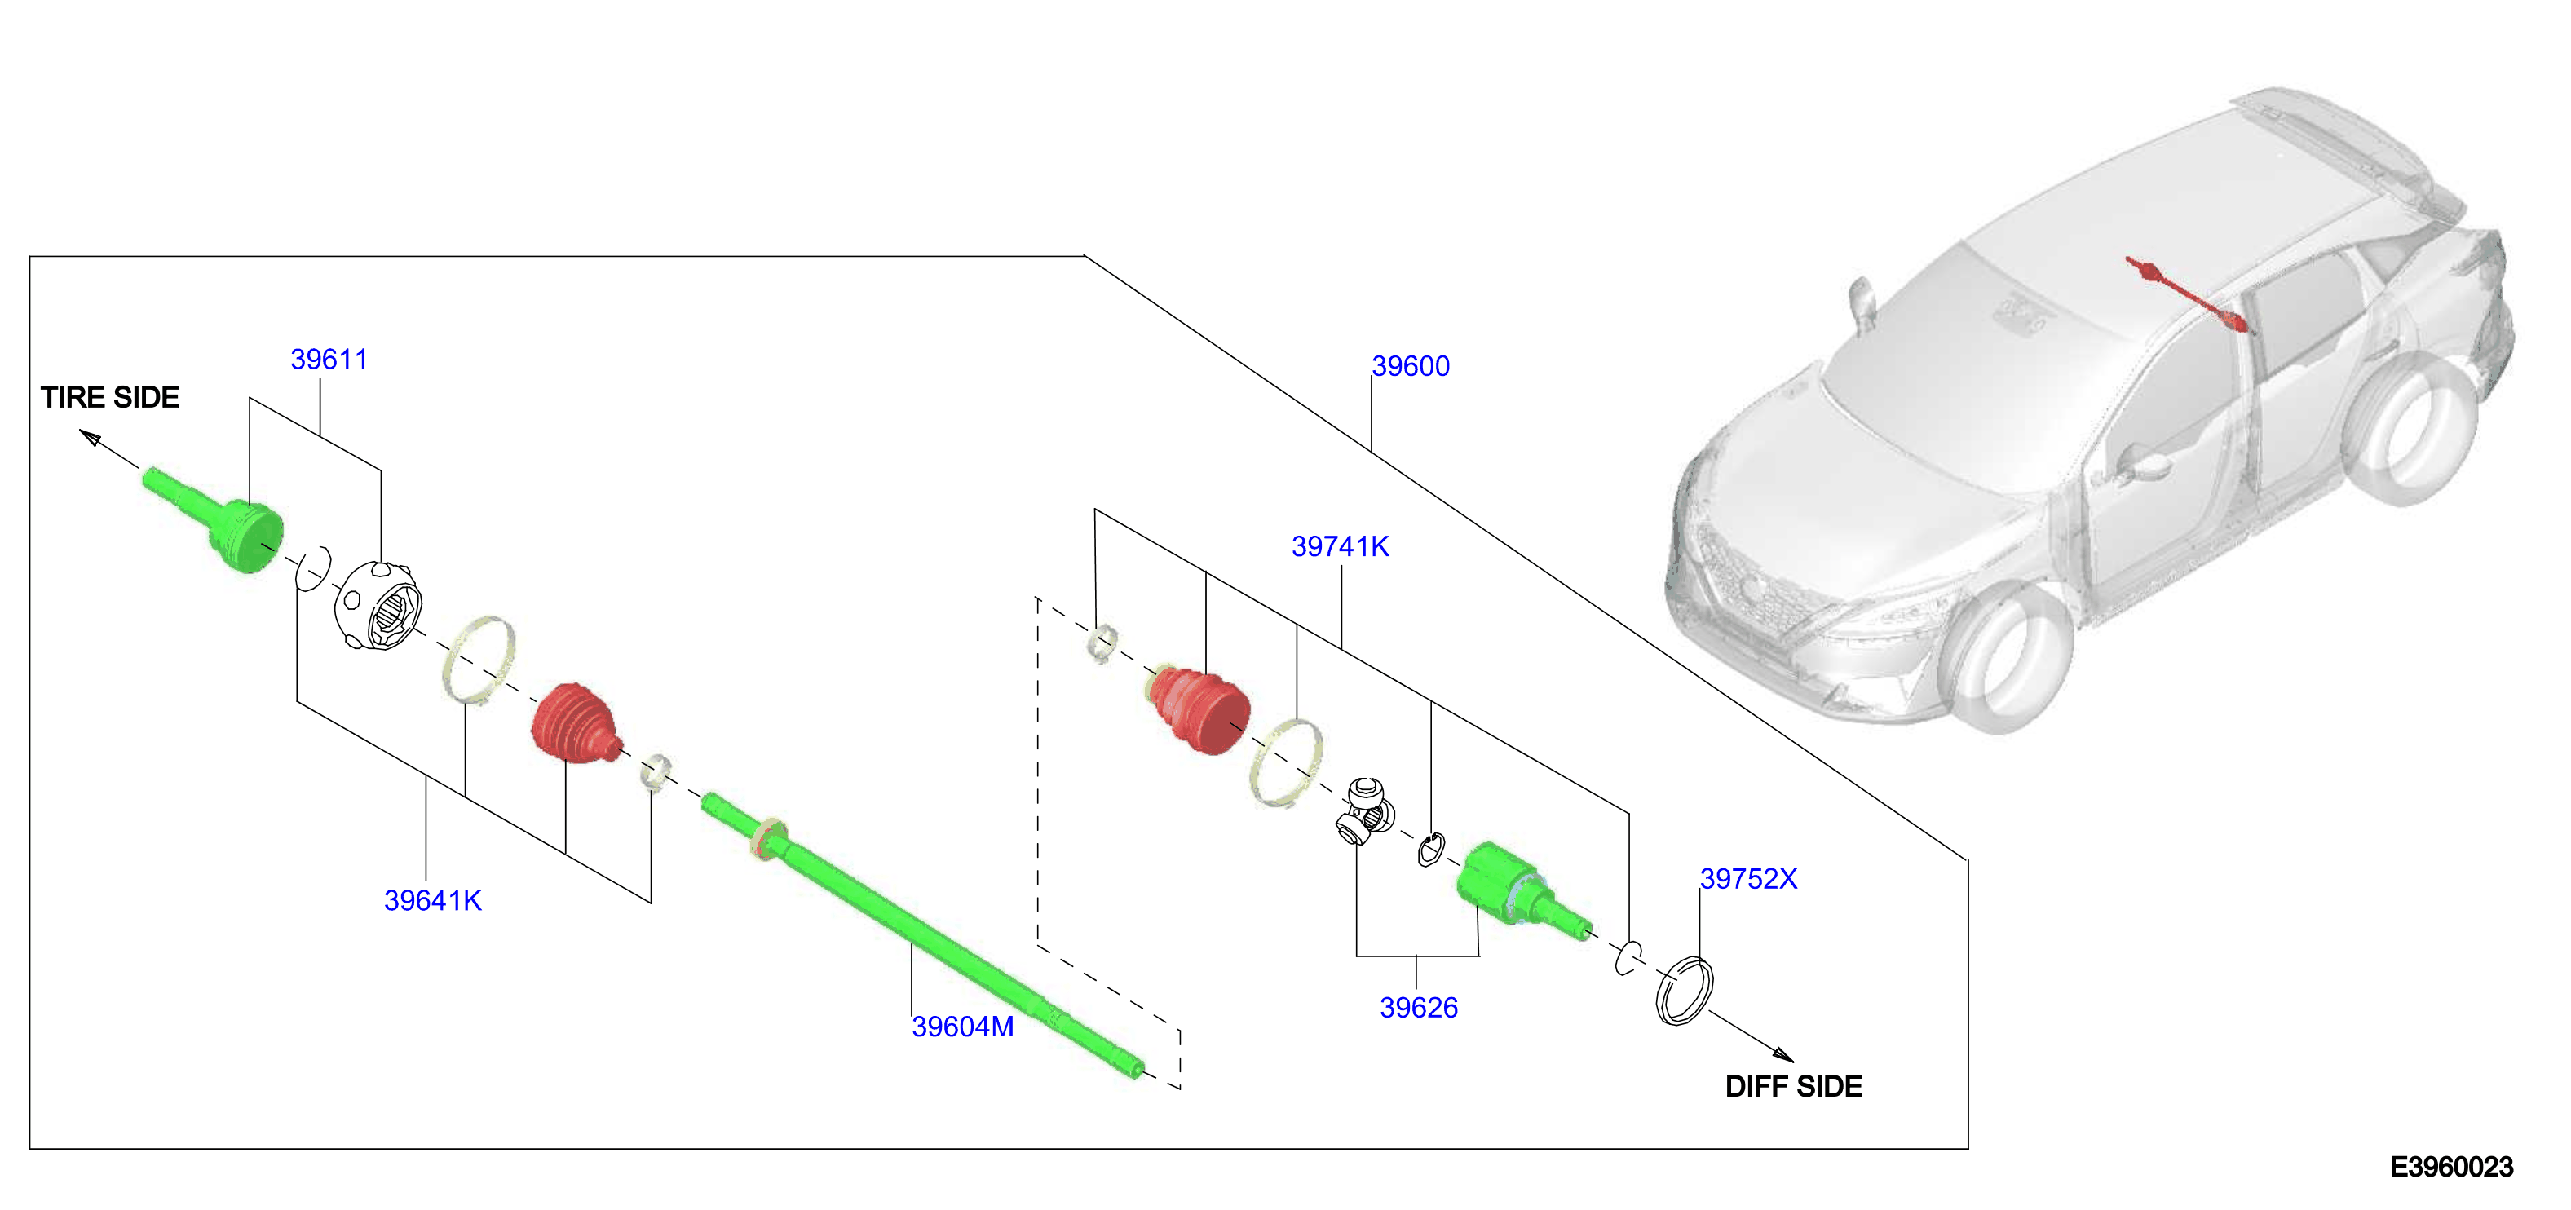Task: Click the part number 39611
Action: [329, 360]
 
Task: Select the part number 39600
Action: [1410, 366]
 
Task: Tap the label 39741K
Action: [1341, 547]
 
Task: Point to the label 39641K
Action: [433, 900]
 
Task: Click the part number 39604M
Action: [963, 1027]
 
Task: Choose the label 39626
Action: [1418, 1009]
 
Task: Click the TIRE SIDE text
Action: [110, 397]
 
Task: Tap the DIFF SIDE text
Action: [1794, 1086]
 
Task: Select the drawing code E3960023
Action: [2451, 1167]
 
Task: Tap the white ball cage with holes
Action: [378, 605]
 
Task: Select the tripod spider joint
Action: [1364, 810]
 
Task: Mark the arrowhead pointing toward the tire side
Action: [90, 439]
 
